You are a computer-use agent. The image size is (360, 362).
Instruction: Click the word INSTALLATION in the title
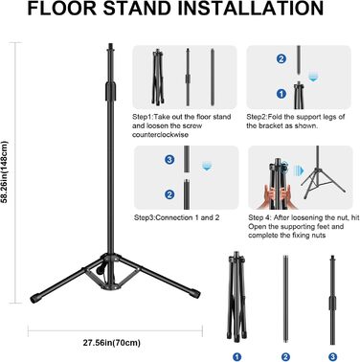click(251, 9)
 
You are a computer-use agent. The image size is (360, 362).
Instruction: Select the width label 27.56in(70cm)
click(112, 343)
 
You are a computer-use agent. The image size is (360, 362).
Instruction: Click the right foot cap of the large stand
click(194, 293)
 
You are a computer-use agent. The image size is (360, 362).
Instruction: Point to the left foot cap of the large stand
click(35, 299)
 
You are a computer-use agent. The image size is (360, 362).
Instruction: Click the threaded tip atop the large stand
click(111, 46)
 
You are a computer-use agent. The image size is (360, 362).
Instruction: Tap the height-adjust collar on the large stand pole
click(110, 91)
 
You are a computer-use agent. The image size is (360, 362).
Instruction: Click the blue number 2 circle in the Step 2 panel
click(281, 58)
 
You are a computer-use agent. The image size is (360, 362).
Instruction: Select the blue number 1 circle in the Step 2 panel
click(281, 94)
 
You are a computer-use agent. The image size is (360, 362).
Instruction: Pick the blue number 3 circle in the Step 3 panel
click(169, 159)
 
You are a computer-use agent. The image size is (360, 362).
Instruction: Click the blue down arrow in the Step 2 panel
click(313, 77)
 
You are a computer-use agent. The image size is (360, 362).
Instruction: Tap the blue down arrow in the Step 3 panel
click(207, 166)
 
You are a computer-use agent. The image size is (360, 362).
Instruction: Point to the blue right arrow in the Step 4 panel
click(299, 170)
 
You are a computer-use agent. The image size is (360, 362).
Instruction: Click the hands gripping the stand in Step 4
click(277, 195)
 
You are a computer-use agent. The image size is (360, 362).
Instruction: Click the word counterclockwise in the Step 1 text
click(160, 135)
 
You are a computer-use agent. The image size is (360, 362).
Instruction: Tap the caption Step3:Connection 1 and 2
click(177, 217)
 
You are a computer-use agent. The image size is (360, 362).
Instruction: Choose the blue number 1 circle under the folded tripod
click(236, 356)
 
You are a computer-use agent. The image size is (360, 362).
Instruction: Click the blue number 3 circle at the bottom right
click(332, 356)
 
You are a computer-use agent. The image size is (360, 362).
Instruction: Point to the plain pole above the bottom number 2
click(285, 299)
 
